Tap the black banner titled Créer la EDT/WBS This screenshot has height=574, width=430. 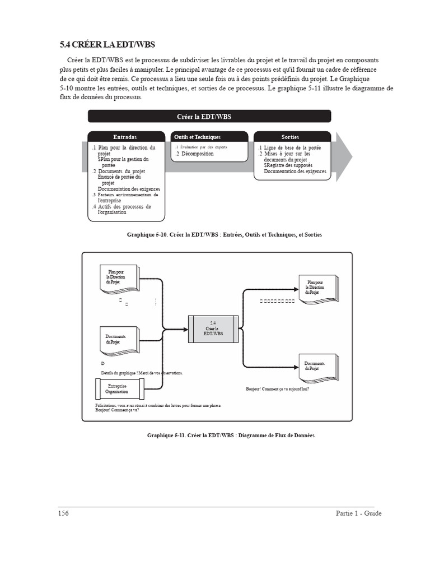click(x=209, y=116)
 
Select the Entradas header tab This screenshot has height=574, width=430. click(x=124, y=137)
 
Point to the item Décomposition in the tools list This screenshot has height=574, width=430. click(x=194, y=154)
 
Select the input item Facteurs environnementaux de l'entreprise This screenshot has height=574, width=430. click(x=127, y=197)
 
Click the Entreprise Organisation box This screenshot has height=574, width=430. click(x=117, y=389)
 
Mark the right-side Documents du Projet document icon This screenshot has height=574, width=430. click(x=315, y=366)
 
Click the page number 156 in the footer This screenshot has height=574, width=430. click(x=63, y=513)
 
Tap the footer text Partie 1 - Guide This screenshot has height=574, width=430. click(x=358, y=513)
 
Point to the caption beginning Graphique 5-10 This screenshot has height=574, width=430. click(x=225, y=235)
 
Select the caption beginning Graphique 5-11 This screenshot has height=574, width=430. click(x=231, y=435)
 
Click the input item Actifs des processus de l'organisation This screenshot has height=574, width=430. click(x=124, y=209)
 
